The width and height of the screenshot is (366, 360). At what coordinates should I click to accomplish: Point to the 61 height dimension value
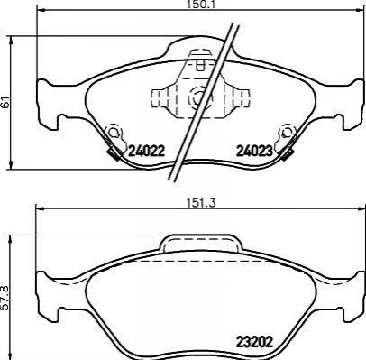5,103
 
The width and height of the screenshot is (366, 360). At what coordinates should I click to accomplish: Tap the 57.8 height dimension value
5,298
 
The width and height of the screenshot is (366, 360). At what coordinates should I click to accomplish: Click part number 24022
147,151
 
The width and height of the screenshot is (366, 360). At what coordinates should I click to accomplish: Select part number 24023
254,151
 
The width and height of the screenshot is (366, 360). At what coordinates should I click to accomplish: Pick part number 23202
254,342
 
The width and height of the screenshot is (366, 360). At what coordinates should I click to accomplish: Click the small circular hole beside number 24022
113,133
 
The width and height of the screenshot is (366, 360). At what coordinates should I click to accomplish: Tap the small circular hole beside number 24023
286,132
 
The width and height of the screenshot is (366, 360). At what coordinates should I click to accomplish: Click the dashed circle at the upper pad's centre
199,97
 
